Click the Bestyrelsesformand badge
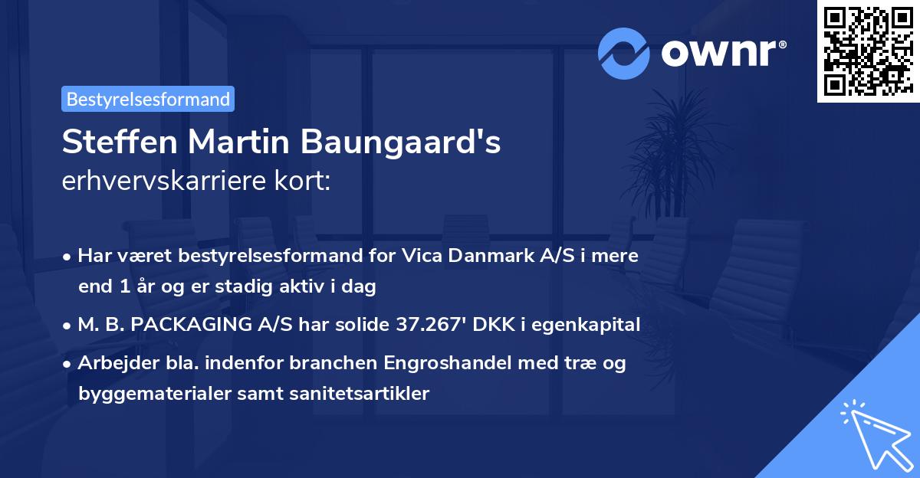[x=148, y=99]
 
